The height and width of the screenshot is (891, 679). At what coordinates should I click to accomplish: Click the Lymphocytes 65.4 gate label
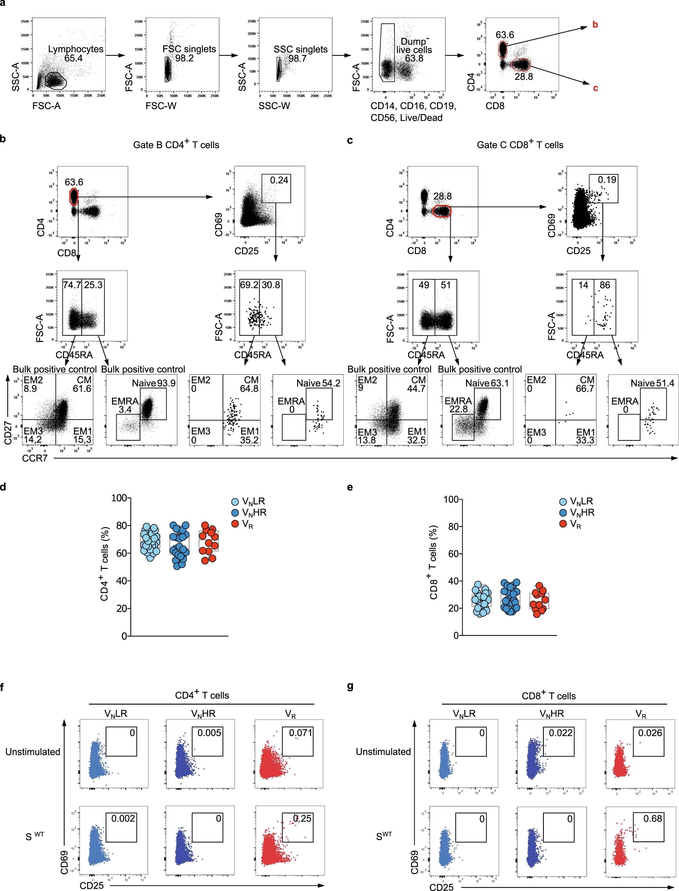pyautogui.click(x=76, y=53)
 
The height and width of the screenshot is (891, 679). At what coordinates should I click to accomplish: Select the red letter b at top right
pyautogui.click(x=595, y=25)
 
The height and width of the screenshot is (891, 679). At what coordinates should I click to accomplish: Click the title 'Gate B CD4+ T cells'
pyautogui.click(x=176, y=145)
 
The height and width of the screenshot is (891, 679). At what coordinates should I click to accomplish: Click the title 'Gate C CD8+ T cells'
pyautogui.click(x=520, y=145)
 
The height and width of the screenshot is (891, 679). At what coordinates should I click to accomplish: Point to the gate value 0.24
pyautogui.click(x=279, y=180)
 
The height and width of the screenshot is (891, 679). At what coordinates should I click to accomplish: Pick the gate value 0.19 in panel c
pyautogui.click(x=607, y=180)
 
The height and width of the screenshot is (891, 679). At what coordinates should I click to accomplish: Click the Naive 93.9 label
pyautogui.click(x=154, y=383)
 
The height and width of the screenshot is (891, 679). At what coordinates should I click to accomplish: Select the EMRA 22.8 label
pyautogui.click(x=458, y=405)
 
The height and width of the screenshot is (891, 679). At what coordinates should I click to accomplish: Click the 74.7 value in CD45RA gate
pyautogui.click(x=72, y=285)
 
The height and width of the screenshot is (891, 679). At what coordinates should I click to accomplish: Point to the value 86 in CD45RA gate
pyautogui.click(x=605, y=285)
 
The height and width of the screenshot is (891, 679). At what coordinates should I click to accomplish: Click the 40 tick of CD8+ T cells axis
pyautogui.click(x=452, y=581)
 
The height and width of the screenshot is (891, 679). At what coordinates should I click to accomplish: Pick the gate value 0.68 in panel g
pyautogui.click(x=653, y=819)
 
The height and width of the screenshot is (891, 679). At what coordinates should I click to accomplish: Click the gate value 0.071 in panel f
pyautogui.click(x=301, y=733)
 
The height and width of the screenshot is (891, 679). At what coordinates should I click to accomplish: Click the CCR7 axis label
pyautogui.click(x=35, y=458)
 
